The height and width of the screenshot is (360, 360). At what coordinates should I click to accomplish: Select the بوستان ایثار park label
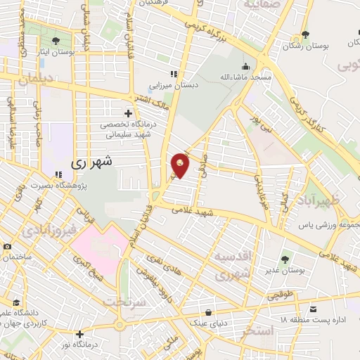click(57, 52)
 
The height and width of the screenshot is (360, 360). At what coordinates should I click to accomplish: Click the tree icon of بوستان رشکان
click(304, 34)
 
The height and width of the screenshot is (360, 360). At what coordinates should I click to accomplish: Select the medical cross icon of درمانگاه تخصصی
click(127, 112)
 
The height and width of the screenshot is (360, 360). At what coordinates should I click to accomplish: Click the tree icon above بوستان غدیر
click(285, 259)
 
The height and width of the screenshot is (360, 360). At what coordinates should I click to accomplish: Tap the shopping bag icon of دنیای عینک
click(209, 311)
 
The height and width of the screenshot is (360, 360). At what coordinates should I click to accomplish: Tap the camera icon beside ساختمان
click(7, 247)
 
